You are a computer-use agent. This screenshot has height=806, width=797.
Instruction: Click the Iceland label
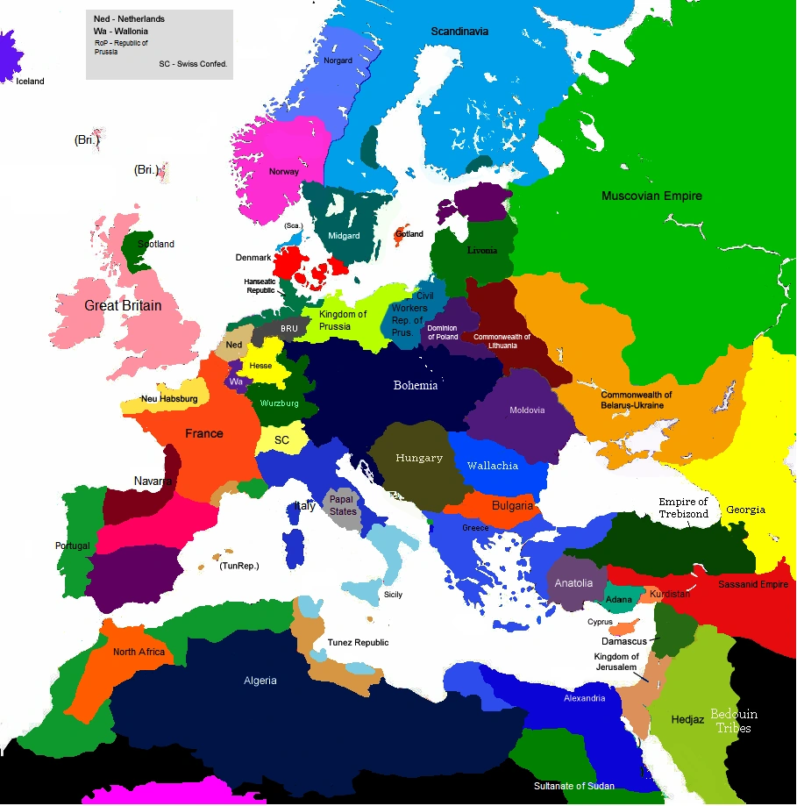30,82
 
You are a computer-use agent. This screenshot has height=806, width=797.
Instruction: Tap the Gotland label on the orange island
409,234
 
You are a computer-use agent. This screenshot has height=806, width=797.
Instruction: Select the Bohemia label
416,386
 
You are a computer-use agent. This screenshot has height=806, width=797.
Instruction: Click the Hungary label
419,458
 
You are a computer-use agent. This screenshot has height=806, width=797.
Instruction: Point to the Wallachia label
493,466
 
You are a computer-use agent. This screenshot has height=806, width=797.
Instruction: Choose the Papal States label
344,505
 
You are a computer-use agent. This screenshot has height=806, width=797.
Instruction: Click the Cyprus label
600,622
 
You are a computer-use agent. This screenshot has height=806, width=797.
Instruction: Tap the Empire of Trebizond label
683,508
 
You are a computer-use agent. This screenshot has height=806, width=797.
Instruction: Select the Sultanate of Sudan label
574,786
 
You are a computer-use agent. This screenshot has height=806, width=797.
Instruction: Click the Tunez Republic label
358,643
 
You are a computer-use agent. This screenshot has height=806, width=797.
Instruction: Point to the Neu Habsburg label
169,399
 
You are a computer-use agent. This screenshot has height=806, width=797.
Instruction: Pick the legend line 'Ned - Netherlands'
129,18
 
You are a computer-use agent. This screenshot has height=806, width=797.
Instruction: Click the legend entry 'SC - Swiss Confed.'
193,64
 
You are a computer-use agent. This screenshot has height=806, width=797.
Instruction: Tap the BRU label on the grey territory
289,328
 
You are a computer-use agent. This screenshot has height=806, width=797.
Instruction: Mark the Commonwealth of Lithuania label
508,340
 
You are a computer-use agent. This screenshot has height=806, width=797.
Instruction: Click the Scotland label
156,244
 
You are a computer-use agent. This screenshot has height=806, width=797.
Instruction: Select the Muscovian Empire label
651,196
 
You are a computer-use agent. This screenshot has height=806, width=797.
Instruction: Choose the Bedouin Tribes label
733,720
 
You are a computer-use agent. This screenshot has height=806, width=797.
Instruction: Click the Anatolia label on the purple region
574,583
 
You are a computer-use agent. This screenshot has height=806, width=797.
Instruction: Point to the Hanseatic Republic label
260,285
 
